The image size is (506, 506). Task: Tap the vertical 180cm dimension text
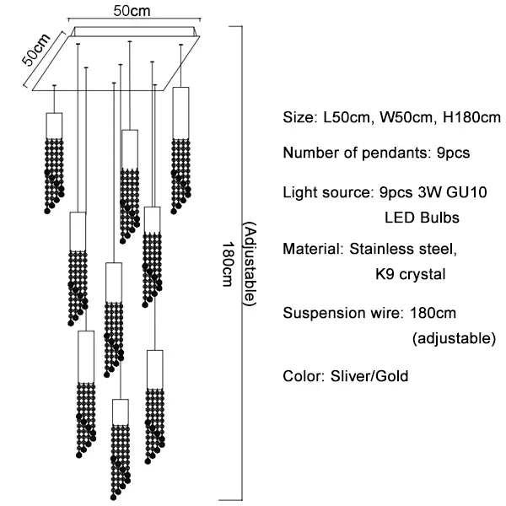(x=226, y=266)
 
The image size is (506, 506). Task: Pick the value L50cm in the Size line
(x=346, y=117)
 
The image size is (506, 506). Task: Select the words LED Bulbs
(x=422, y=218)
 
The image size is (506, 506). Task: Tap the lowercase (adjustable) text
(x=454, y=339)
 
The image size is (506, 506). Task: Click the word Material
(x=310, y=250)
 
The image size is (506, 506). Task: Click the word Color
(x=300, y=375)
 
